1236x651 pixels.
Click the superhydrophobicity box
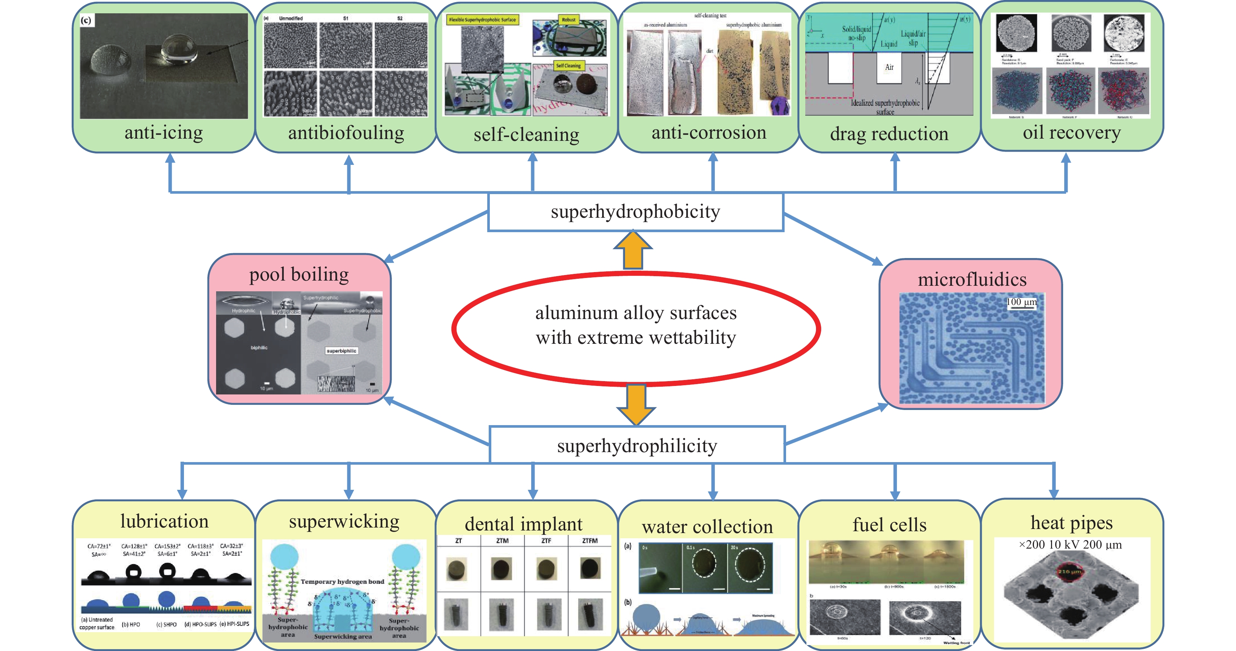click(635, 212)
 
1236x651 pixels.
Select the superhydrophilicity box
click(637, 445)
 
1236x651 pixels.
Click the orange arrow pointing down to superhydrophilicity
click(636, 405)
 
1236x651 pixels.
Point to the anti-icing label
click(164, 132)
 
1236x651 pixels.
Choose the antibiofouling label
click(346, 133)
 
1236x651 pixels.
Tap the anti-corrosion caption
click(709, 132)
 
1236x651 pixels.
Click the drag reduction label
click(889, 134)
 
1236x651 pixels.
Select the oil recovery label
click(1071, 132)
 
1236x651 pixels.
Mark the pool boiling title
click(299, 275)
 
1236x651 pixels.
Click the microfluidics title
click(972, 279)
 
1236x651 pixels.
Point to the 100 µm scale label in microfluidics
click(1021, 302)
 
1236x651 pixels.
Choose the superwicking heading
click(344, 521)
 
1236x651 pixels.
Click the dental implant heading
click(523, 524)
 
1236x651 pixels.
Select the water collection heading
click(707, 527)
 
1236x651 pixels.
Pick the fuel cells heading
click(890, 525)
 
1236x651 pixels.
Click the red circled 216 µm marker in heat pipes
click(1069, 571)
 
